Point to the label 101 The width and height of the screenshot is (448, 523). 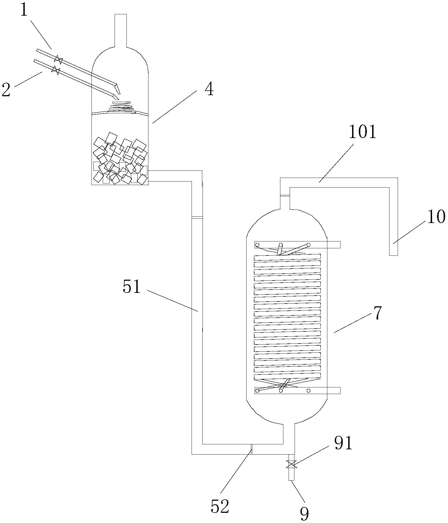[x=363, y=132]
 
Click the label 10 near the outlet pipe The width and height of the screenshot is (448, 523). [x=436, y=216]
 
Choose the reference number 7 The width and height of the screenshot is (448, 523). [x=378, y=313]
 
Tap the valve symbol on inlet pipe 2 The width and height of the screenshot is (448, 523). [x=56, y=70]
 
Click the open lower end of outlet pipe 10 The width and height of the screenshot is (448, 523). [x=394, y=255]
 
